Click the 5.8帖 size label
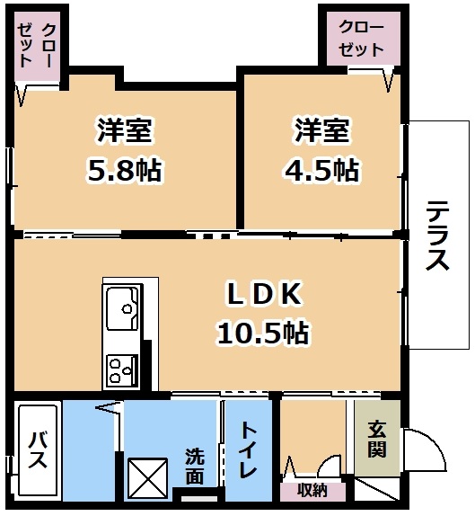point(125,170)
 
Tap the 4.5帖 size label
point(321,170)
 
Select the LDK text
point(264,293)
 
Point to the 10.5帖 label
point(263,333)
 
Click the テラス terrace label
point(437,236)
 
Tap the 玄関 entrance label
point(377,439)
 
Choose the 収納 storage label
point(312,491)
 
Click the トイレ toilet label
point(248,449)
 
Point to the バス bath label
point(37,451)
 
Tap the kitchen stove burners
point(122,369)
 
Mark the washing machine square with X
point(147,479)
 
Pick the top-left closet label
point(38,45)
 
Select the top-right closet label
point(361,39)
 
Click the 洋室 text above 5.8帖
point(124,130)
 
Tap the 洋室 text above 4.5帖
point(321,130)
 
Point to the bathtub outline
point(38,450)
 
